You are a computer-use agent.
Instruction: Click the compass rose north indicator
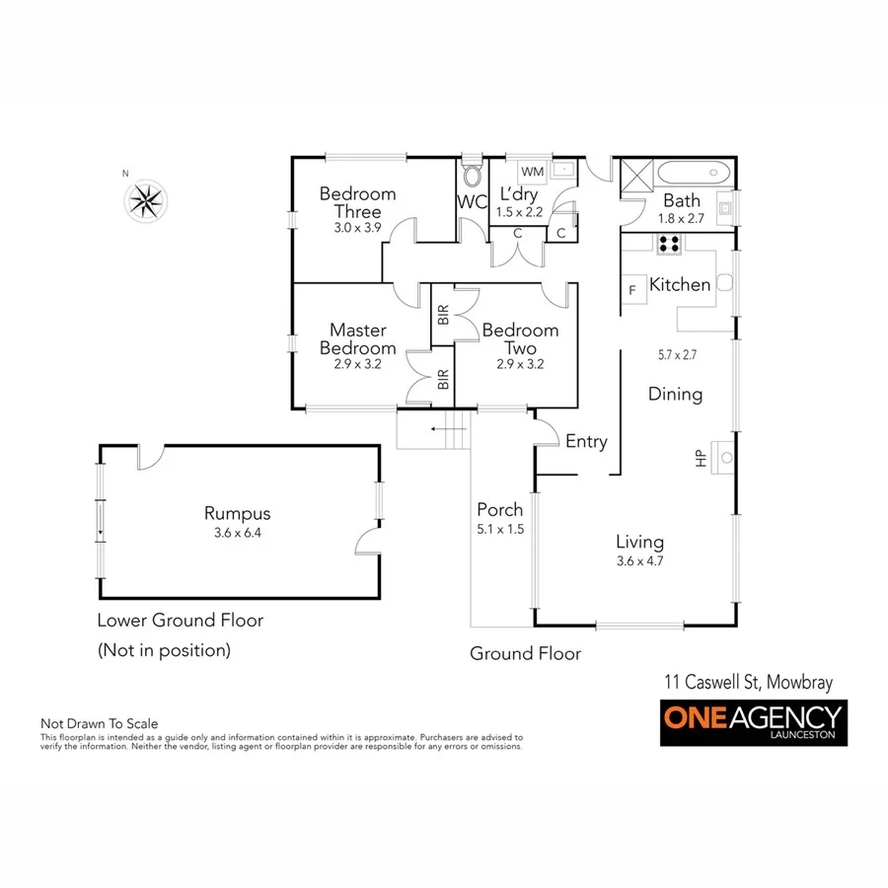pos(146,201)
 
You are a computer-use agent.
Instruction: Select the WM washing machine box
pos(526,172)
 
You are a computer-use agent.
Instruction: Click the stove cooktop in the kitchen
pos(668,244)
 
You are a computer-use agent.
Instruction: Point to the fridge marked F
pos(631,290)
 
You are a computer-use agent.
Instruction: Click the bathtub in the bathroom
pos(695,175)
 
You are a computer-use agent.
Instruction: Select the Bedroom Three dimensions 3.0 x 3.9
pos(356,227)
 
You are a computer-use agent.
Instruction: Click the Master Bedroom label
pos(357,338)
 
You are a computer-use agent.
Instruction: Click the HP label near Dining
pos(700,459)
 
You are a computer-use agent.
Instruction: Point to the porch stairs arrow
pos(434,429)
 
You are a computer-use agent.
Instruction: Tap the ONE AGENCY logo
pos(753,722)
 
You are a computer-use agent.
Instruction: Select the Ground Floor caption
pos(525,653)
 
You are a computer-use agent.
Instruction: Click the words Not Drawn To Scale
pos(99,724)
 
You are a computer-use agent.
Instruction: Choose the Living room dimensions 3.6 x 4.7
pos(639,560)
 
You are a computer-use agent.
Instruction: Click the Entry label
pos(586,442)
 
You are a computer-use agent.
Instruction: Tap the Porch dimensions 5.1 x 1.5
pos(500,528)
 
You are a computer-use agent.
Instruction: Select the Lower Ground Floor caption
pos(180,621)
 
